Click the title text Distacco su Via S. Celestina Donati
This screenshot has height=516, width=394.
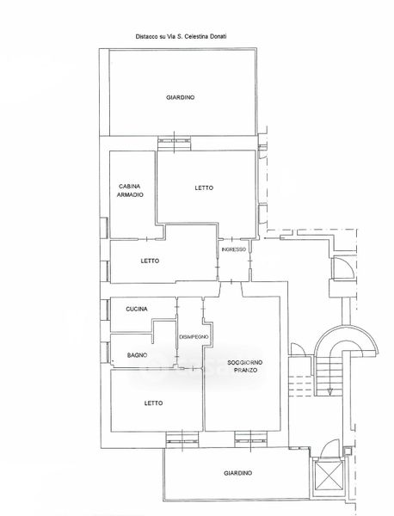[x=181, y=36]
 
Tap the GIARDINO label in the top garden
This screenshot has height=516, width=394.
[x=180, y=97]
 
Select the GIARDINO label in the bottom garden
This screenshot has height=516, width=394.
[x=238, y=473]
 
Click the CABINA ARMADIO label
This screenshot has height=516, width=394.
[x=131, y=191]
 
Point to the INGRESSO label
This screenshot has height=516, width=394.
[x=234, y=249]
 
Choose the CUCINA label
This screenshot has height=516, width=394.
[x=137, y=309]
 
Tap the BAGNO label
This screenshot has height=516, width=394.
[x=137, y=355]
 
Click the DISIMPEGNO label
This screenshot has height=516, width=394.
[x=194, y=337]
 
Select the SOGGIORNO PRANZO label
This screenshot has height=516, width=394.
[x=245, y=366]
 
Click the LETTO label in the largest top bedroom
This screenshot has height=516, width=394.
[x=204, y=187]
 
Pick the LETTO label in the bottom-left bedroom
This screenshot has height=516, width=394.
[x=153, y=403]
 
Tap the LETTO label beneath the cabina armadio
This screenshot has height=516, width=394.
[x=150, y=261]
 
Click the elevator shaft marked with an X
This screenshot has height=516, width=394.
[x=327, y=476]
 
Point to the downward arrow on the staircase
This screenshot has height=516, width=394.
[x=329, y=391]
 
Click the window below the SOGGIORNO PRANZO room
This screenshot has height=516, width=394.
[x=250, y=439]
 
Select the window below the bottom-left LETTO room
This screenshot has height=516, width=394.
[x=182, y=439]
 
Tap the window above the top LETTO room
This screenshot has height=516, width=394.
[x=174, y=142]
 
